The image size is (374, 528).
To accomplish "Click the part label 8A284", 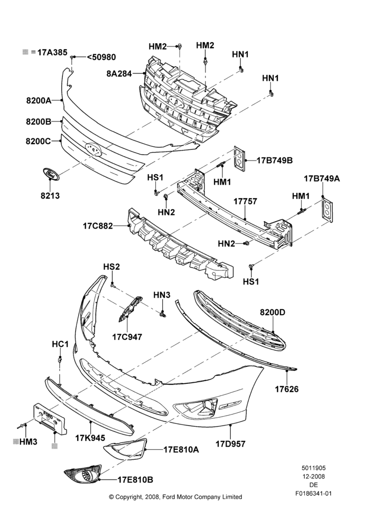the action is pyautogui.click(x=119, y=73).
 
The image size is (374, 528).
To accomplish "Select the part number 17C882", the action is pyautogui.click(x=98, y=226).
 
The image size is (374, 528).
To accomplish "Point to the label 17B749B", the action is pyautogui.click(x=275, y=161).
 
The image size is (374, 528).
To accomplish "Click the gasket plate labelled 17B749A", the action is pyautogui.click(x=326, y=211).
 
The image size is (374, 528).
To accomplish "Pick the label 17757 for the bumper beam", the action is pyautogui.click(x=245, y=201).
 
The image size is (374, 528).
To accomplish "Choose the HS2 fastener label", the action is pyautogui.click(x=111, y=267).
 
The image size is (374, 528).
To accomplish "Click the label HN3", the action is pyautogui.click(x=162, y=295).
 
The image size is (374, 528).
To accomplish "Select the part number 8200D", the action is pyautogui.click(x=272, y=313).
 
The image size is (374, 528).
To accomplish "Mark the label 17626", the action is pyautogui.click(x=287, y=389).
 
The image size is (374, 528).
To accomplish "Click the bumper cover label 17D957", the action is pyautogui.click(x=230, y=444).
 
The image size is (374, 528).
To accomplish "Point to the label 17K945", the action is pyautogui.click(x=90, y=438).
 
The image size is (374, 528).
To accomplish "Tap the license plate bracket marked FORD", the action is pyautogui.click(x=49, y=419).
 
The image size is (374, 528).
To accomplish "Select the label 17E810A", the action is pyautogui.click(x=181, y=449).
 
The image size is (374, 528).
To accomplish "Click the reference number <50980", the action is pyautogui.click(x=101, y=57).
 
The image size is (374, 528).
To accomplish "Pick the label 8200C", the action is pyautogui.click(x=38, y=141).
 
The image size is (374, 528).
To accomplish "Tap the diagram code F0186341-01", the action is pyautogui.click(x=314, y=494).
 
